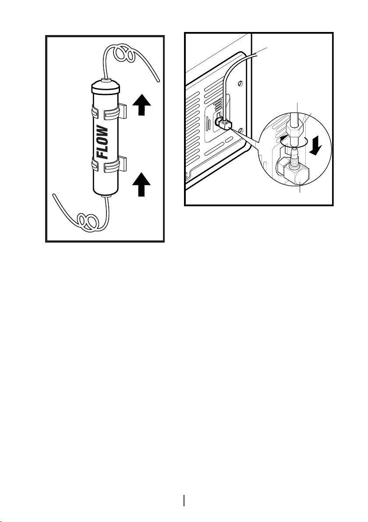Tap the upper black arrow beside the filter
pyautogui.click(x=142, y=104)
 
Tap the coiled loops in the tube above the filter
pyautogui.click(x=123, y=54)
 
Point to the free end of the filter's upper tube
pyautogui.click(x=158, y=81)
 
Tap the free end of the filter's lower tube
pyautogui.click(x=54, y=195)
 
